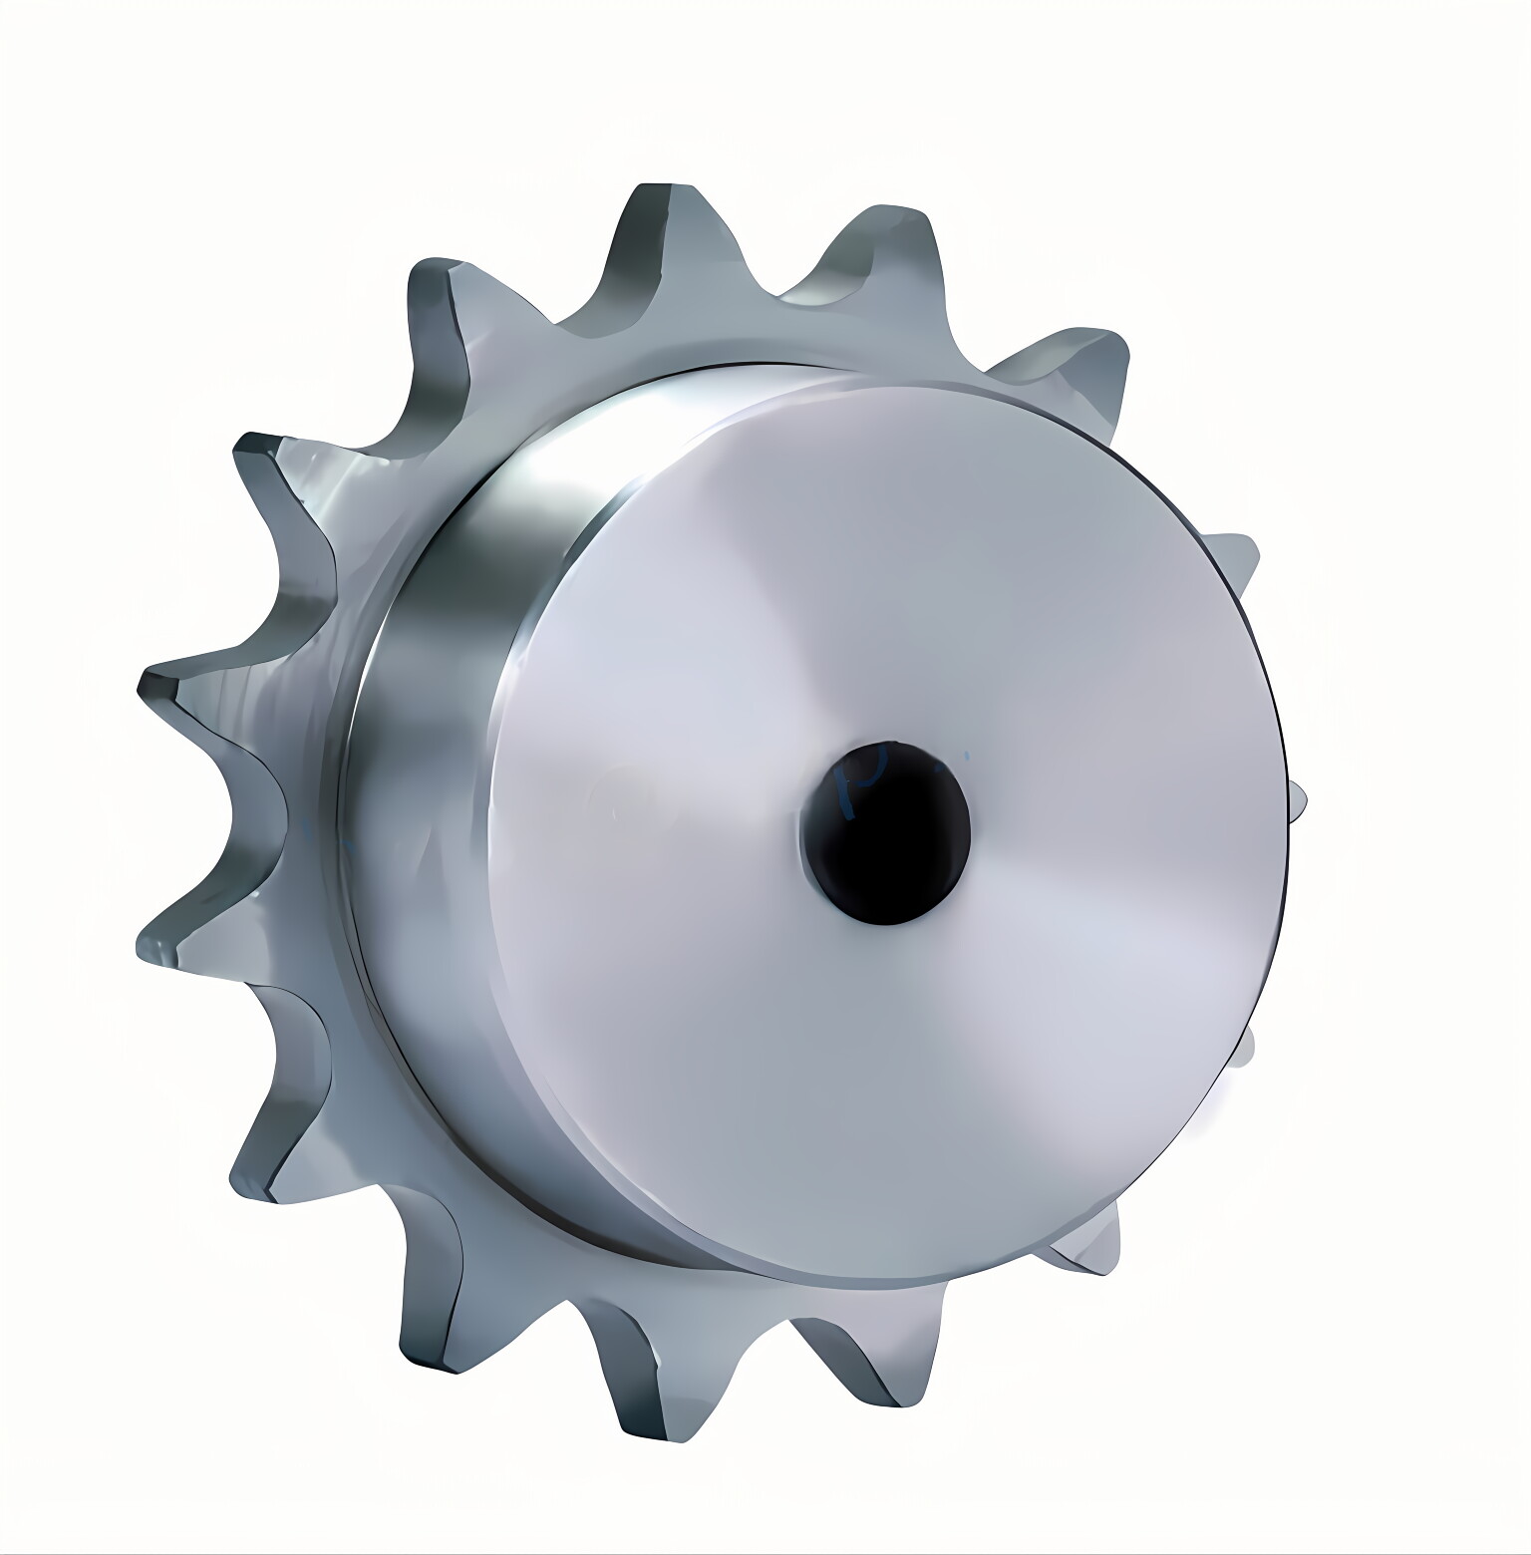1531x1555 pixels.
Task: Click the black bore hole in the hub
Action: pos(886,831)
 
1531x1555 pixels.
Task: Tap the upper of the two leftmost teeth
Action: pos(199,698)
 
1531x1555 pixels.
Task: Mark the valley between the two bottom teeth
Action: pos(767,1326)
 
